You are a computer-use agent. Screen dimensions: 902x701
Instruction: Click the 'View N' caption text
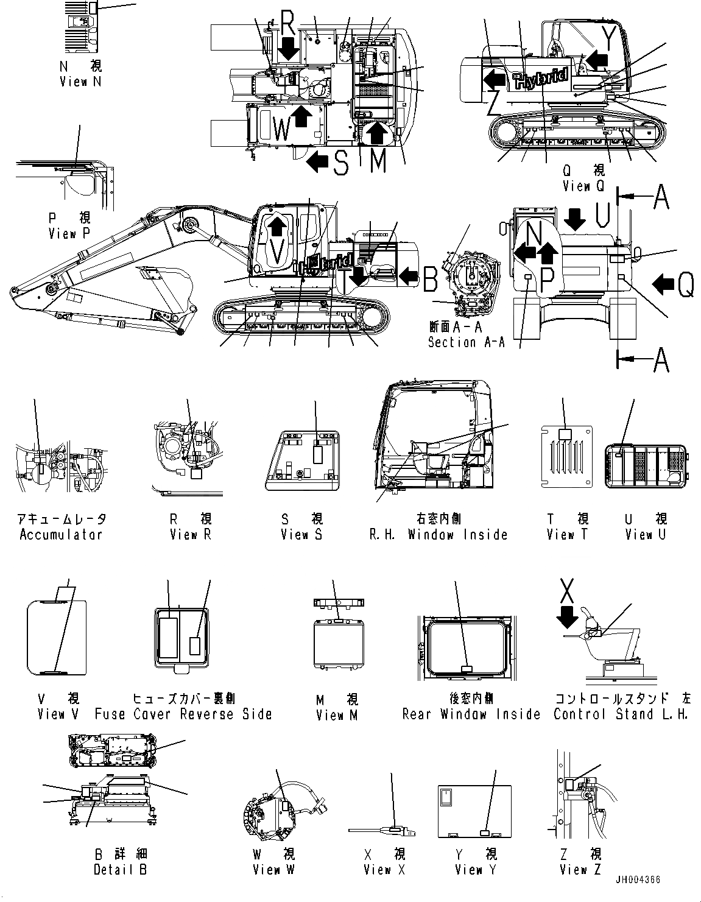[x=73, y=81]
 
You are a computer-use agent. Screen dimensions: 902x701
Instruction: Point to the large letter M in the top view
[x=378, y=160]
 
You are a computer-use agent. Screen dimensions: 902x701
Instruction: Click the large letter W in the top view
[x=281, y=129]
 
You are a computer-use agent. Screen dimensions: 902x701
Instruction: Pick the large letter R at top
[x=289, y=24]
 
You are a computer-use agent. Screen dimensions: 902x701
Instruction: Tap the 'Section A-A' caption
[x=466, y=342]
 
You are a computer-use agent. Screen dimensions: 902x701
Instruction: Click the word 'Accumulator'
[x=61, y=535]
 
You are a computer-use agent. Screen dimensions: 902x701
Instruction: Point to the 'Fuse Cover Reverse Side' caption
[x=183, y=714]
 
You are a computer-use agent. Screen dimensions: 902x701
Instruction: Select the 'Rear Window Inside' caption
[x=471, y=714]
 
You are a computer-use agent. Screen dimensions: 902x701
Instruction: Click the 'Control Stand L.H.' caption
[x=621, y=714]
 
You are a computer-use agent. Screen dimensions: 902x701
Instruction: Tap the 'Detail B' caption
[x=120, y=870]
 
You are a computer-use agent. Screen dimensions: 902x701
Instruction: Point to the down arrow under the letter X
[x=567, y=619]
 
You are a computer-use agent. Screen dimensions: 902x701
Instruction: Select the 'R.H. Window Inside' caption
[x=439, y=535]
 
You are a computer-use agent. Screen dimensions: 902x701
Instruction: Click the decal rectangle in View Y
[x=485, y=833]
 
